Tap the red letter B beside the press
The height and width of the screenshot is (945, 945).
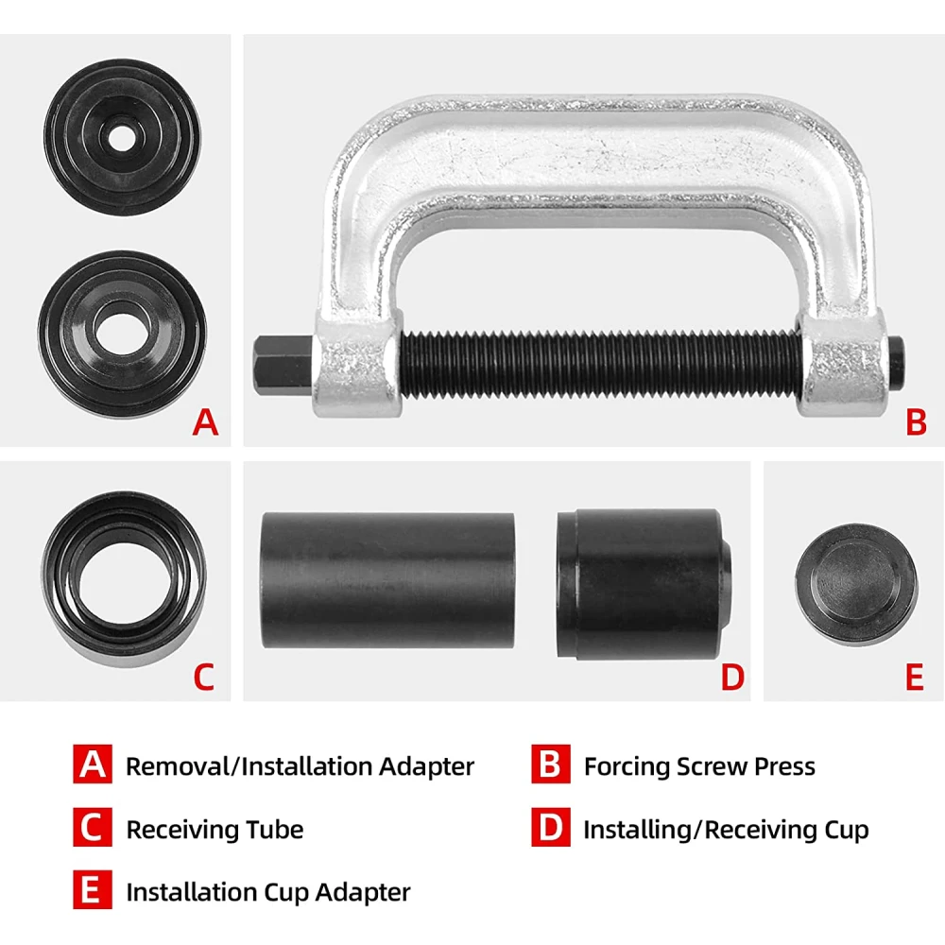(916, 421)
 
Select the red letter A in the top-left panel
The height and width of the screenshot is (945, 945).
(205, 421)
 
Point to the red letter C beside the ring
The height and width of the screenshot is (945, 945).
(204, 677)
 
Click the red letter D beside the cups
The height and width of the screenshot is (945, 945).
(733, 677)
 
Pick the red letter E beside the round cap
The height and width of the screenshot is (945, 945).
(914, 677)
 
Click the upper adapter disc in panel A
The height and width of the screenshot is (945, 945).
(122, 137)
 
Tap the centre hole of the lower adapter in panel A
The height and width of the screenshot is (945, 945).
(122, 335)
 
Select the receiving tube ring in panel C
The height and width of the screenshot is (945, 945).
(124, 579)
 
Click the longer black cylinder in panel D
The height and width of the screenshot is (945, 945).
(387, 580)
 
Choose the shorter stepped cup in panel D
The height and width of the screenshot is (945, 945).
(644, 583)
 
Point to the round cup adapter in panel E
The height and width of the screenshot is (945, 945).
(856, 583)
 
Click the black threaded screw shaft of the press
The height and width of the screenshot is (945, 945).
(600, 365)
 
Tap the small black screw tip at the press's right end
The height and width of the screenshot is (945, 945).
(896, 364)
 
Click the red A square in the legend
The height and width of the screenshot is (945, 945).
(93, 764)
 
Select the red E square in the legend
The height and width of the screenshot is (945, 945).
(93, 889)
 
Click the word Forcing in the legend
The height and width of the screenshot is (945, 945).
(627, 767)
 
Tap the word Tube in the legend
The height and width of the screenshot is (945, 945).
(278, 830)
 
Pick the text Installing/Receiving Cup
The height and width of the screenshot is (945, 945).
(726, 831)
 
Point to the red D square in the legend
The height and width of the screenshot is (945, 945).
(550, 827)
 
